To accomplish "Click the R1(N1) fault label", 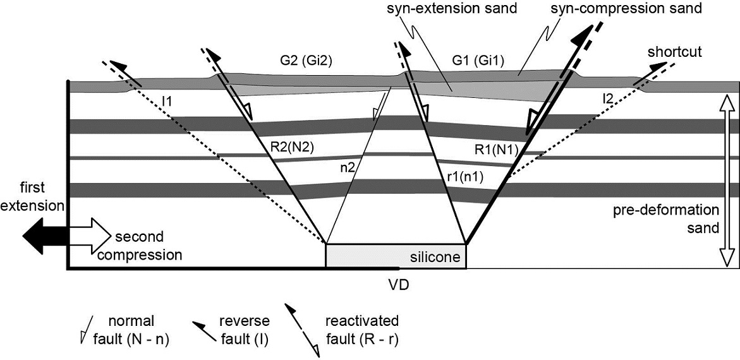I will pos(497,150).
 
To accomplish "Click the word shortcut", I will pos(674,52).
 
